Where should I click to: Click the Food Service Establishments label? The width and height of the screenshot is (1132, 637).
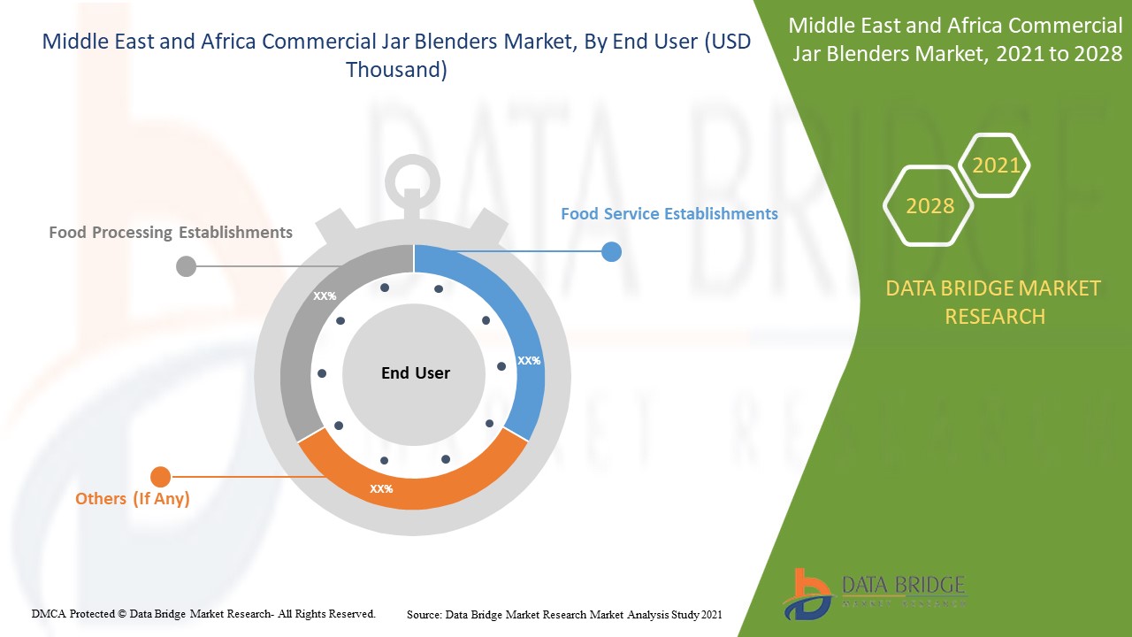[x=669, y=214]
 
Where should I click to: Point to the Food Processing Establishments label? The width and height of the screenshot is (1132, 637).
[x=171, y=233]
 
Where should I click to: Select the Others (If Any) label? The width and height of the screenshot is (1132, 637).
[x=133, y=499]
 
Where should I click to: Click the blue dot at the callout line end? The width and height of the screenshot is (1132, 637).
[x=611, y=252]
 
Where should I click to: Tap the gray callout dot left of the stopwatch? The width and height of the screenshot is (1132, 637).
[x=186, y=265]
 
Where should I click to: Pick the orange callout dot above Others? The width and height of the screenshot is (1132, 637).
[x=160, y=477]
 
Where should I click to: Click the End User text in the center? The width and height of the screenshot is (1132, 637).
[x=415, y=373]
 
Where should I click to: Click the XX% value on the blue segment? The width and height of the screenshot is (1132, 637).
[x=529, y=361]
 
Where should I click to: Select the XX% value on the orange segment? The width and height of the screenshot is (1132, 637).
[x=381, y=488]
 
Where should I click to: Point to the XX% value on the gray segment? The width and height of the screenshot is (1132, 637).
[x=325, y=296]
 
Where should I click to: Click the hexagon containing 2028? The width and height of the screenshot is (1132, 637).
[x=929, y=206]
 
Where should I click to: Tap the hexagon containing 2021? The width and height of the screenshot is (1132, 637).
[x=996, y=165]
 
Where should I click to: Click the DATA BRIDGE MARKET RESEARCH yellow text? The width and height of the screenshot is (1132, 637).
[x=994, y=302]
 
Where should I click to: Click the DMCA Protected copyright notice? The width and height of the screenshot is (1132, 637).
[x=203, y=613]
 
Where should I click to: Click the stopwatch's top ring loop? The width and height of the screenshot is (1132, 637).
[x=412, y=173]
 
